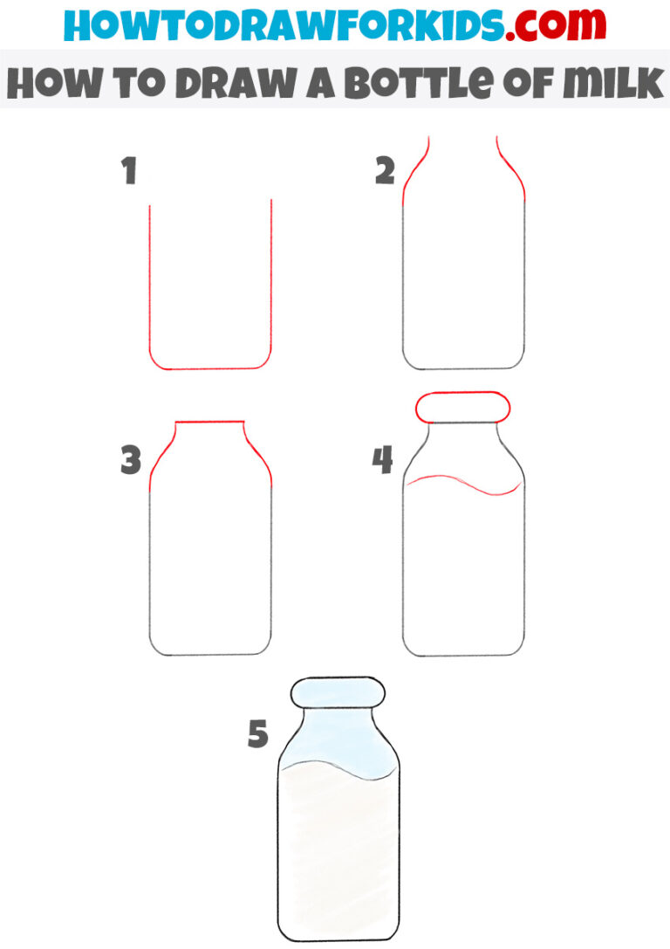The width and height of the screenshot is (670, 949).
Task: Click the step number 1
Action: [129, 172]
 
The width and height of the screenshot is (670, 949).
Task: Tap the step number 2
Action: [385, 172]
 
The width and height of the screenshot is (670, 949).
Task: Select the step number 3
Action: [131, 460]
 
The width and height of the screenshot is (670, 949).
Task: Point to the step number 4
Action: [383, 460]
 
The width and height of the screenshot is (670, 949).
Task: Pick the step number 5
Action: [256, 734]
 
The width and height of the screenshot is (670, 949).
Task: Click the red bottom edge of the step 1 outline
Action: [210, 368]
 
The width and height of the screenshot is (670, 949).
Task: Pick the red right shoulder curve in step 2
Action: [514, 171]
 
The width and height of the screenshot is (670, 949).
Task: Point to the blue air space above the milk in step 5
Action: [338, 742]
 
